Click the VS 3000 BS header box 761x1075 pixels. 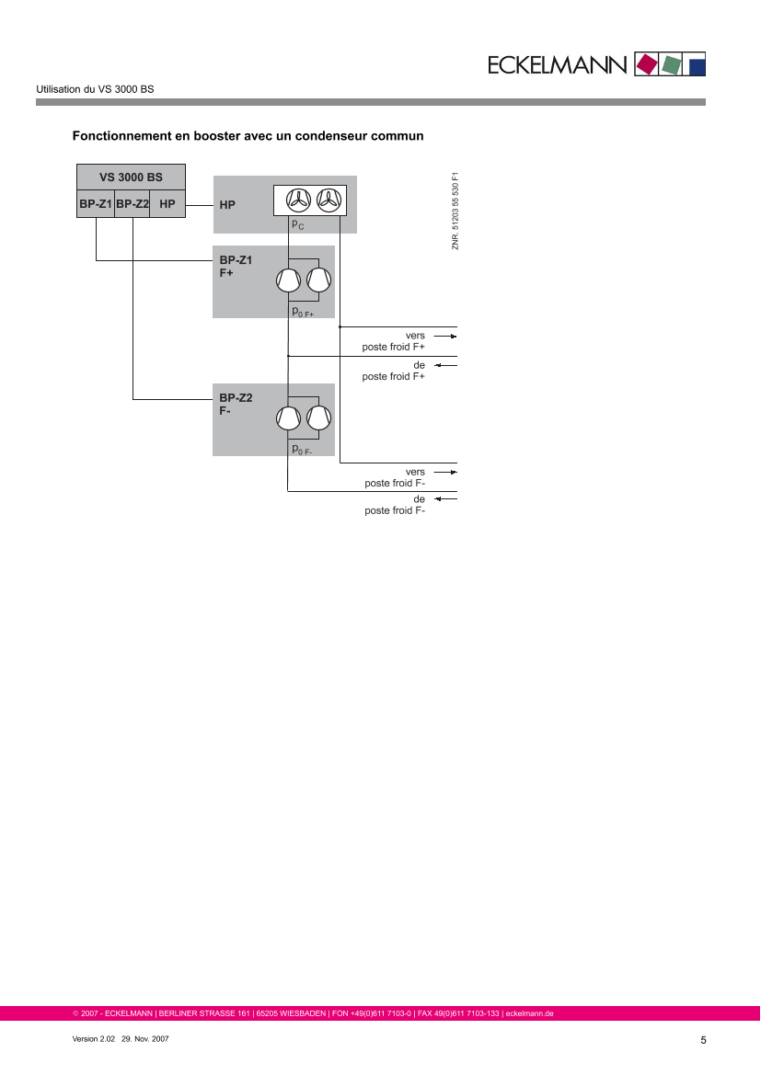click(x=131, y=177)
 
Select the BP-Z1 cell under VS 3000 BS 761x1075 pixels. click(x=95, y=203)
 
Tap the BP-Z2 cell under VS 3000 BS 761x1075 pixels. click(x=133, y=203)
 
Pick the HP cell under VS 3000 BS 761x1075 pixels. click(x=167, y=203)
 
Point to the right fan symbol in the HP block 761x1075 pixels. click(x=328, y=200)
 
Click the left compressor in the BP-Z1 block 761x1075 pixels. click(x=289, y=280)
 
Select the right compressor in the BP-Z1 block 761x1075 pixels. click(x=319, y=280)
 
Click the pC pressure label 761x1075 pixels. click(x=297, y=224)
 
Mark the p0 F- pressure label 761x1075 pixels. click(x=302, y=450)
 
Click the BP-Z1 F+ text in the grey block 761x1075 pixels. click(x=235, y=267)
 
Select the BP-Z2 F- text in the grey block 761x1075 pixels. click(x=235, y=405)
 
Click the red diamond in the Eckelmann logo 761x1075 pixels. click(x=648, y=64)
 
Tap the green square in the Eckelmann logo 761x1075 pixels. click(x=672, y=64)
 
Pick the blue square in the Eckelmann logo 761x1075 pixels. click(x=697, y=64)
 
